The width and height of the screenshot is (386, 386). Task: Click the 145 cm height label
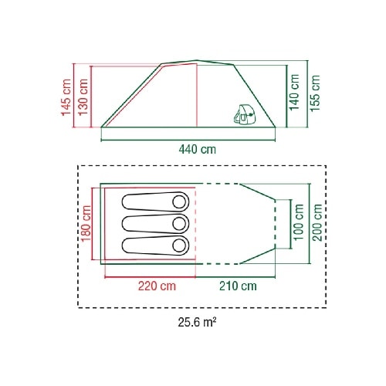click(x=66, y=97)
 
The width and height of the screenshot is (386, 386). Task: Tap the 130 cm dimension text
click(x=83, y=97)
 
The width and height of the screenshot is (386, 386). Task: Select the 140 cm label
click(x=294, y=93)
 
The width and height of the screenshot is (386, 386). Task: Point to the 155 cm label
click(x=315, y=93)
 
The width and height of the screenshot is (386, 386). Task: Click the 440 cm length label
click(x=198, y=149)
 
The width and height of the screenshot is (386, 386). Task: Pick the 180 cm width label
click(x=86, y=223)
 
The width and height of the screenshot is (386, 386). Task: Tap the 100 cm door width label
click(x=299, y=222)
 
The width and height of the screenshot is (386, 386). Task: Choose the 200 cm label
click(x=317, y=222)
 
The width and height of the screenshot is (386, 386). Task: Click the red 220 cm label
click(x=157, y=286)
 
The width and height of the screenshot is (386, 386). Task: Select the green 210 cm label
click(x=238, y=286)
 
